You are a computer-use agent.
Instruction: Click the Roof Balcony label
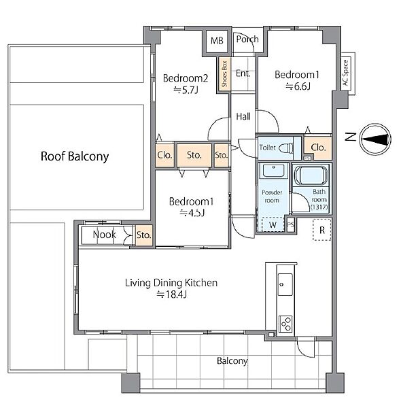point(75,156)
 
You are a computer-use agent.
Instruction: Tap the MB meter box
point(217,41)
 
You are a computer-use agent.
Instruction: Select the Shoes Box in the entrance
point(224,74)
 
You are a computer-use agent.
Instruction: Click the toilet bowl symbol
point(285,148)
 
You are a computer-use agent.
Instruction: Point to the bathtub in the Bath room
point(311,175)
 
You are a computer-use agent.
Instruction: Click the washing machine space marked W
point(273,224)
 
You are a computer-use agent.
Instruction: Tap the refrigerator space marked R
point(322,230)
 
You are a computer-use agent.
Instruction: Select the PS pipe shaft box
point(290,224)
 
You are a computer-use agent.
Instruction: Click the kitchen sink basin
point(285,284)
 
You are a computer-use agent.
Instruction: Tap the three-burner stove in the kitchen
point(285,324)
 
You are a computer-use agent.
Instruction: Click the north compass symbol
point(376,139)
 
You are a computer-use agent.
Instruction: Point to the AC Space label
point(346,73)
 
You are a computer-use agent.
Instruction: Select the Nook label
point(104,235)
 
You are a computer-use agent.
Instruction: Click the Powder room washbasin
point(273,171)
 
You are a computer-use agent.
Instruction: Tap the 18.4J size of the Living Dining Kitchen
point(172,294)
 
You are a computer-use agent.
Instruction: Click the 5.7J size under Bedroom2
point(186,90)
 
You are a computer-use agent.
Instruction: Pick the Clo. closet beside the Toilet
point(318,148)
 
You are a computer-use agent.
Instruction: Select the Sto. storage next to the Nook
point(144,235)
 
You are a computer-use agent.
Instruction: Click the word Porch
point(247,39)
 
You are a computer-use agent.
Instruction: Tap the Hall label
point(243,116)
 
